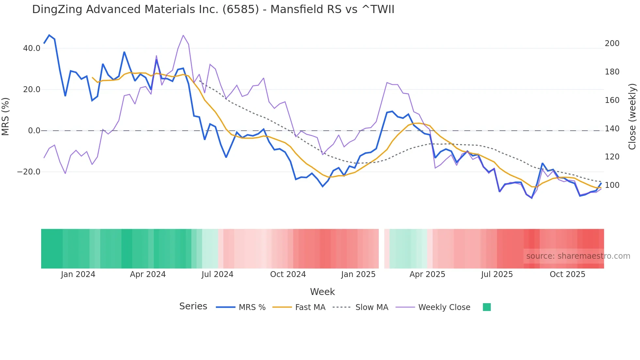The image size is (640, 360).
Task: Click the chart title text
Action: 213,9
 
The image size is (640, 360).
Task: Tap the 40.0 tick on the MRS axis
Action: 32,48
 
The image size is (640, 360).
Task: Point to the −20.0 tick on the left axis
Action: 29,172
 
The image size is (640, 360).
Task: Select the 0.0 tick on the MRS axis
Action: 34,131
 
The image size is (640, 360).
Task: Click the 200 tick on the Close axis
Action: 612,43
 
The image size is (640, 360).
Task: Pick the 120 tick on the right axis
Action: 612,157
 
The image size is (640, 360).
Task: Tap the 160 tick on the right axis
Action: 612,100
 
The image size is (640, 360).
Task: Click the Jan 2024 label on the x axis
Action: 78,274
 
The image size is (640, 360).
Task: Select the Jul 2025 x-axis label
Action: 497,274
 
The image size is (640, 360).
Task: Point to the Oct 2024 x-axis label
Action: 288,274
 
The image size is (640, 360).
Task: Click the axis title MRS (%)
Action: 6,117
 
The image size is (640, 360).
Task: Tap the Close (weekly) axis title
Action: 632,117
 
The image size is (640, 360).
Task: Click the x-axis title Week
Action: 322,292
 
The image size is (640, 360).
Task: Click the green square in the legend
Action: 487,307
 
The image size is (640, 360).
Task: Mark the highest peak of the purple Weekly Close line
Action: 183,35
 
